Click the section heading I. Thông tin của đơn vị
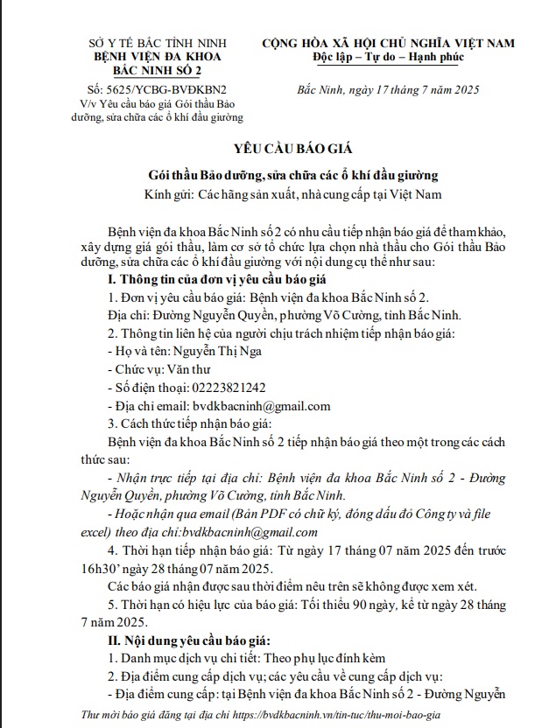click(x=215, y=278)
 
